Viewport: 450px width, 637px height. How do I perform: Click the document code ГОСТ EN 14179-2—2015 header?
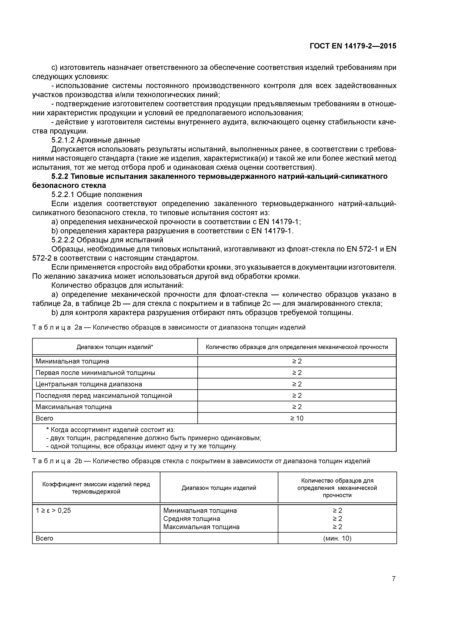click(353, 46)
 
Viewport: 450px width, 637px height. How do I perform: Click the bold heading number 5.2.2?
click(60, 177)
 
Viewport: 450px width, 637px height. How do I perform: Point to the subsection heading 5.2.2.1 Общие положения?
click(97, 194)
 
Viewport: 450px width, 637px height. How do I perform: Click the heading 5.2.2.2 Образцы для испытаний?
click(107, 240)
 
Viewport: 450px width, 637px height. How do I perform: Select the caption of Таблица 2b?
click(201, 461)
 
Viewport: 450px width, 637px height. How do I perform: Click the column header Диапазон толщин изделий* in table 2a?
click(115, 347)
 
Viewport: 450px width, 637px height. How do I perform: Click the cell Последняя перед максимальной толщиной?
click(104, 396)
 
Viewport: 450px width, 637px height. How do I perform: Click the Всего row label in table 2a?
click(44, 418)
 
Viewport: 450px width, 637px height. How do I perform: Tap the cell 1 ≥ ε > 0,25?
click(53, 510)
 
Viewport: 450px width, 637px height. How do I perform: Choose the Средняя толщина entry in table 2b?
click(192, 519)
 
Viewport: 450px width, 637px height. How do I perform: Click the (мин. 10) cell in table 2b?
click(337, 539)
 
